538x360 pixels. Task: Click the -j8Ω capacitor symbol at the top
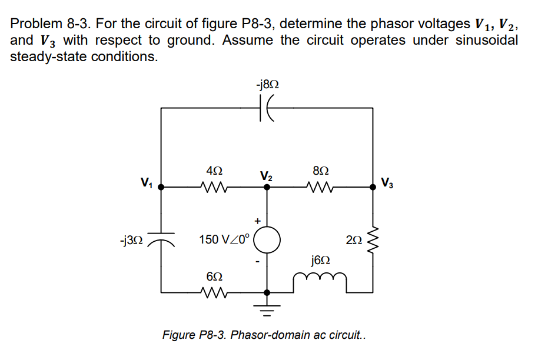tap(267, 108)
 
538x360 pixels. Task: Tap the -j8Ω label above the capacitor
tap(267, 84)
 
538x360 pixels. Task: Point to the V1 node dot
tap(162, 188)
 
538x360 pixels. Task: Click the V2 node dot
tap(267, 188)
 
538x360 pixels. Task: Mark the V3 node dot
tap(373, 188)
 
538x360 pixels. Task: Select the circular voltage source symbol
tap(267, 240)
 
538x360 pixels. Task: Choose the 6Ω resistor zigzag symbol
tap(214, 292)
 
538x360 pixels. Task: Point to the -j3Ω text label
tap(130, 241)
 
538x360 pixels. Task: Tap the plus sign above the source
tap(257, 219)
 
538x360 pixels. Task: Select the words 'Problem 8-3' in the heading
tap(49, 24)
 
